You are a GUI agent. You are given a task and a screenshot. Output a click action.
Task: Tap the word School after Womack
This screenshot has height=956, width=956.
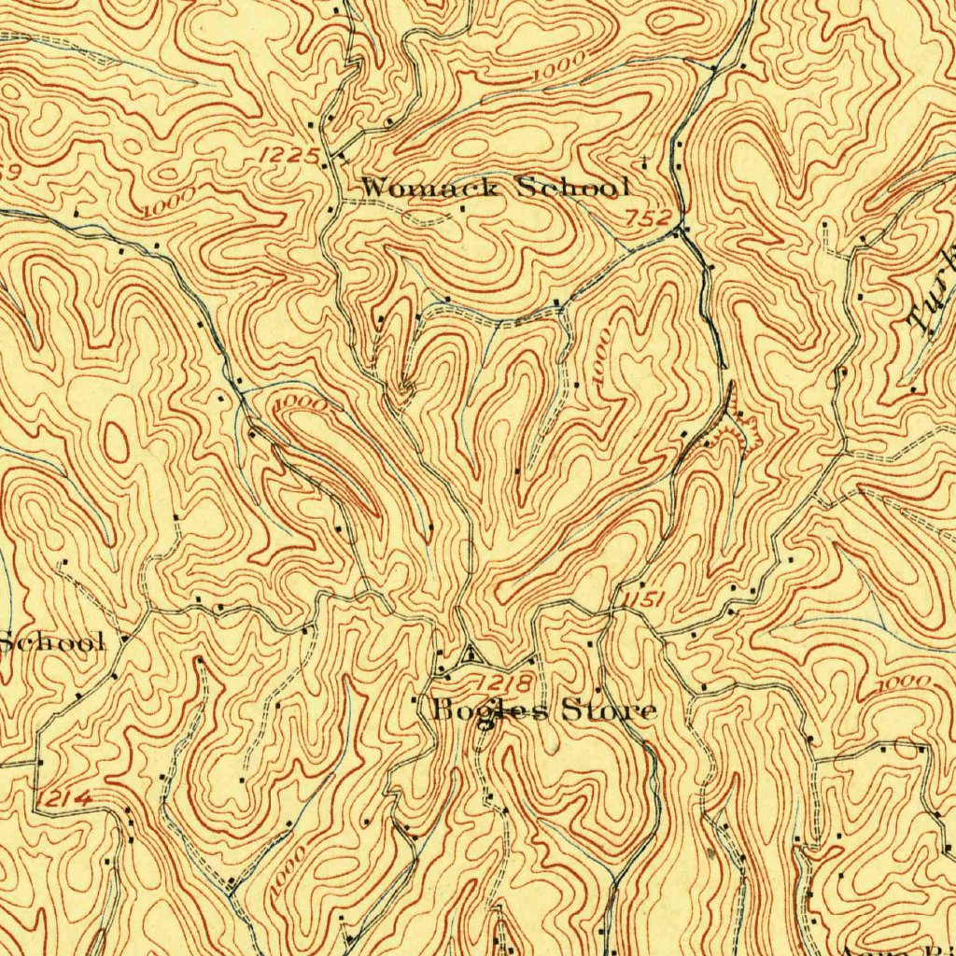coord(570,188)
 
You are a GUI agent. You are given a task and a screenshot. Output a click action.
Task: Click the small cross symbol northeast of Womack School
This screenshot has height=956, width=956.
coord(645,156)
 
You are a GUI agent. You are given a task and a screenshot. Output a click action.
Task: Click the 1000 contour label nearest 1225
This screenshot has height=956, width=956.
coord(172,202)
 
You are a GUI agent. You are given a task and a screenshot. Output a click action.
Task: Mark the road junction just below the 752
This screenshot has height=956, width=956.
coord(683,231)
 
